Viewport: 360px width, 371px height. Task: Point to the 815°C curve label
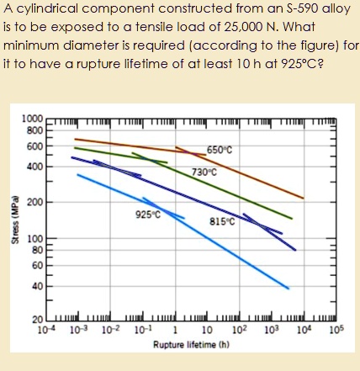pos(222,222)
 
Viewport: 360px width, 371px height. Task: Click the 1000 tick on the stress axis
pos(34,120)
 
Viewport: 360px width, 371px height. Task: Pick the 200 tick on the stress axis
pos(36,202)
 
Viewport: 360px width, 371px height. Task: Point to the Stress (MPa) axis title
pos(12,223)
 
